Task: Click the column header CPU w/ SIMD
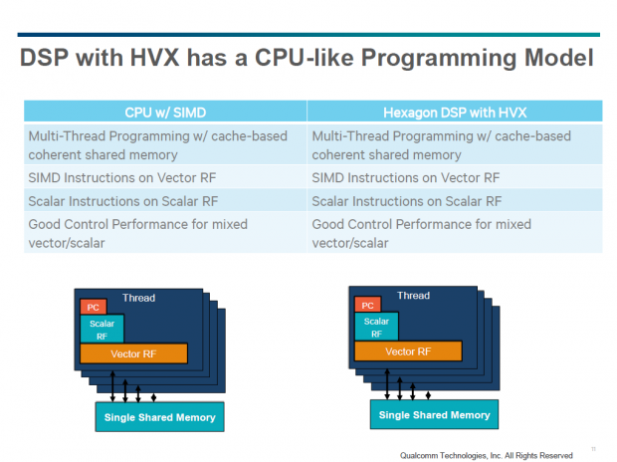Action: click(x=165, y=114)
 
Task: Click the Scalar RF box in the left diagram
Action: click(x=101, y=330)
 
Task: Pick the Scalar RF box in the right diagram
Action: click(x=376, y=328)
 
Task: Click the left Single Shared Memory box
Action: click(x=159, y=415)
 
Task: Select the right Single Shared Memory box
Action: click(x=434, y=414)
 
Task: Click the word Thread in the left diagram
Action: click(x=138, y=298)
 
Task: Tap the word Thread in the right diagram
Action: click(x=414, y=296)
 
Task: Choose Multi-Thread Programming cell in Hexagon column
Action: click(x=442, y=145)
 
